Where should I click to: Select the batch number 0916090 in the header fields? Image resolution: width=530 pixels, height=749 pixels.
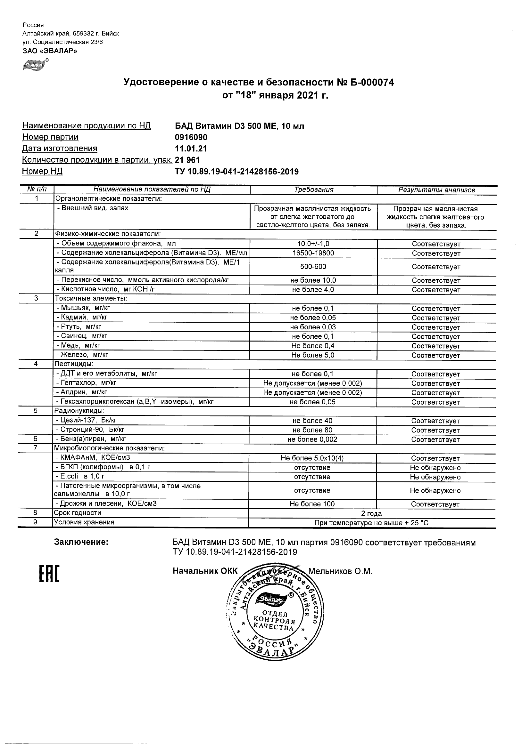[x=191, y=137]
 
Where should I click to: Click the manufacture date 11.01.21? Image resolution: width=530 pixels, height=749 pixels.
[x=191, y=149]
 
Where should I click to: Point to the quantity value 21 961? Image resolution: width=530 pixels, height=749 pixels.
[x=187, y=160]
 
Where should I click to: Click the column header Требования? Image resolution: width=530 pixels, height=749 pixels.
[x=313, y=190]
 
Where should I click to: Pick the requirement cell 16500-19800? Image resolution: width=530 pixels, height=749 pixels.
[x=313, y=253]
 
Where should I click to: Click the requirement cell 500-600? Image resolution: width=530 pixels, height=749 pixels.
[x=313, y=267]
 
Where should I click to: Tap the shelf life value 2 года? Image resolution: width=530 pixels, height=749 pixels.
[x=371, y=513]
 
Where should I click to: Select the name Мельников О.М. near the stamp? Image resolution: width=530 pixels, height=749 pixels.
[x=340, y=571]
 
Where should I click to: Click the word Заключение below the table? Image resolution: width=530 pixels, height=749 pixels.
[x=81, y=542]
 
